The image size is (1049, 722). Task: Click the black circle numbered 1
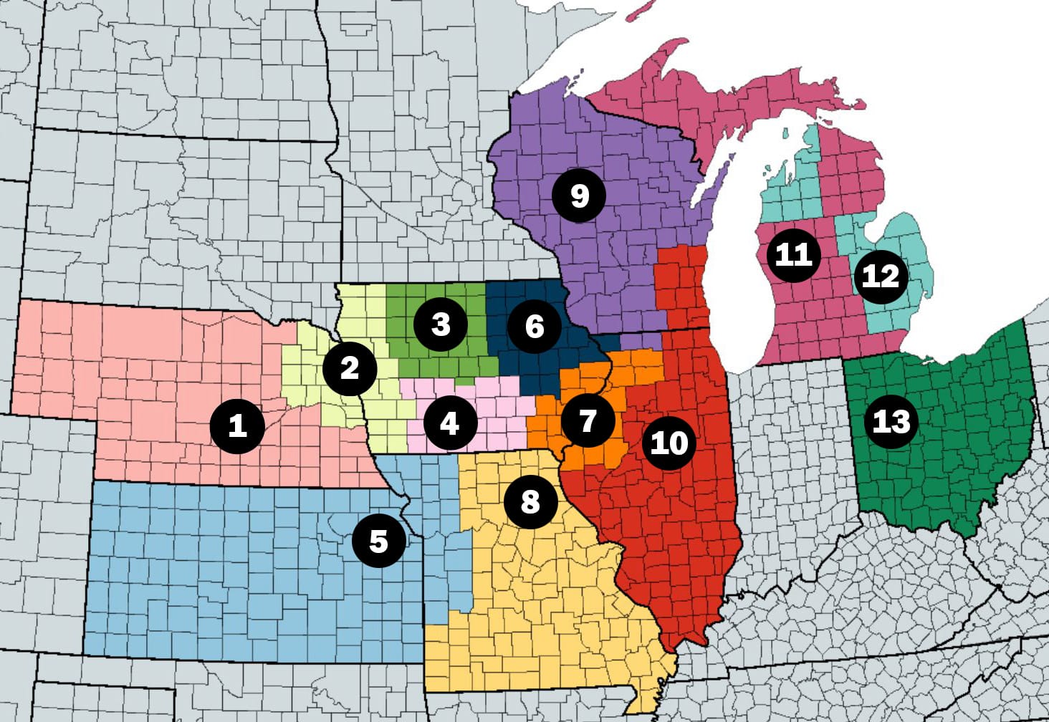click(x=237, y=426)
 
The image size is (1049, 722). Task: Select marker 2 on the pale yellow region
click(x=350, y=368)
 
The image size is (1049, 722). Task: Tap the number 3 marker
click(x=441, y=324)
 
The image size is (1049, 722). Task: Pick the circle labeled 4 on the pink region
click(x=449, y=423)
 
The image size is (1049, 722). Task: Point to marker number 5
click(x=378, y=541)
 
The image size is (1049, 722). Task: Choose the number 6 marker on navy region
click(x=535, y=327)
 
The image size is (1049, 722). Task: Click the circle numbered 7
click(x=588, y=420)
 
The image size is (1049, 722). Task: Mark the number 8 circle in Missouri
click(x=530, y=501)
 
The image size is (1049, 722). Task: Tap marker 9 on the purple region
click(x=579, y=196)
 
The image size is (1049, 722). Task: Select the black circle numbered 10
click(x=669, y=443)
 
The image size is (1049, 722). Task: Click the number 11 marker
click(x=793, y=254)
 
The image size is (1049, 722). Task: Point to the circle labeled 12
click(x=880, y=276)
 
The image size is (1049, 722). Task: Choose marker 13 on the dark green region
click(x=891, y=421)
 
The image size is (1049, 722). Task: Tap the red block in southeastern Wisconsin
click(x=681, y=287)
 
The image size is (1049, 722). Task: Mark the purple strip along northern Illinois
click(x=638, y=341)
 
